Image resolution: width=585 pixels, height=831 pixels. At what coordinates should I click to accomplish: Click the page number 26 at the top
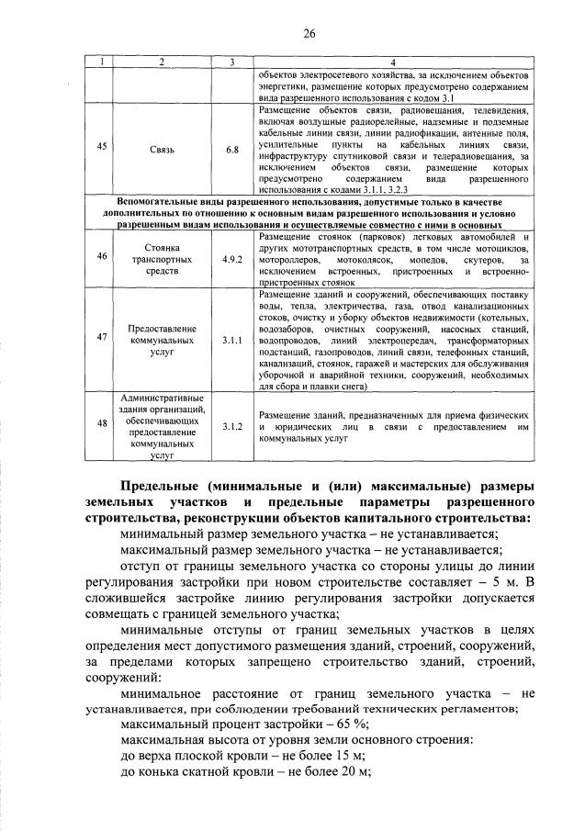309,34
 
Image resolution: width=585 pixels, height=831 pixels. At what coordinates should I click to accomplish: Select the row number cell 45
102,146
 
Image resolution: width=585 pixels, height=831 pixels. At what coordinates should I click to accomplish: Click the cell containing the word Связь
162,146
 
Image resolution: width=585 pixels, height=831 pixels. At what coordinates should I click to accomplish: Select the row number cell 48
102,423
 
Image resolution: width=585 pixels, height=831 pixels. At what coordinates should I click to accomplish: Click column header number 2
162,62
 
